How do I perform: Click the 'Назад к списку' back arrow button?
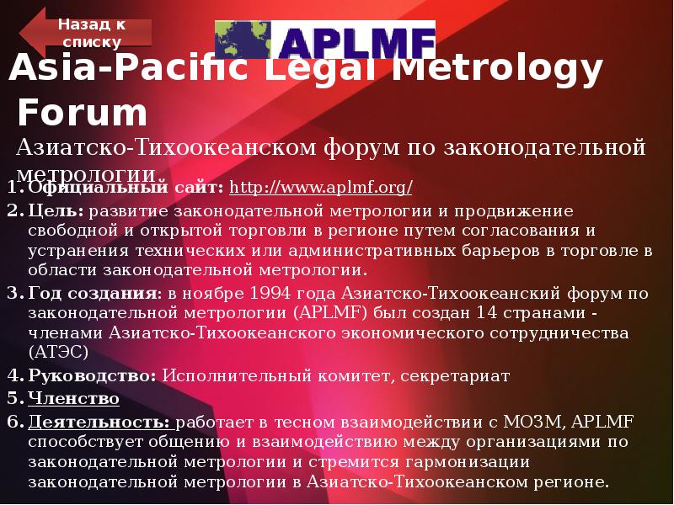(x=88, y=33)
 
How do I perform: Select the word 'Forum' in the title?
(x=83, y=113)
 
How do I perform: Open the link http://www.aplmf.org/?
(x=321, y=186)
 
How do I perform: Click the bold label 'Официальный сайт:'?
(x=126, y=186)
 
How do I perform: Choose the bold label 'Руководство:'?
(x=92, y=375)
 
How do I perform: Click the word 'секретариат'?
(x=455, y=375)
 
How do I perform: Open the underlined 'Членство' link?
(x=73, y=398)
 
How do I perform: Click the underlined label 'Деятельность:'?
(x=99, y=421)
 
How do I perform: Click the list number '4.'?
(x=13, y=375)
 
